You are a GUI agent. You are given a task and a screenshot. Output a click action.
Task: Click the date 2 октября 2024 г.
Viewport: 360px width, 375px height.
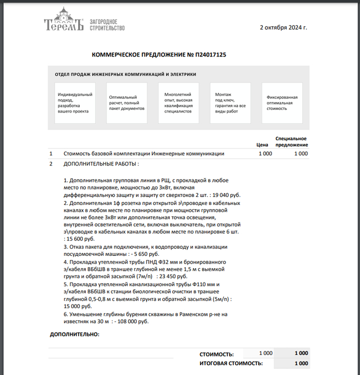(x=283, y=27)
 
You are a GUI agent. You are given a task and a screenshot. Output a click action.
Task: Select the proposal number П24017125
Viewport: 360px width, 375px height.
(x=211, y=54)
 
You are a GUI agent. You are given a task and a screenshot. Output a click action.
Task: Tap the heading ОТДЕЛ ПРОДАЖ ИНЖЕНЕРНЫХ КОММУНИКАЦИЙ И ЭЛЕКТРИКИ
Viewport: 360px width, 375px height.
(x=125, y=74)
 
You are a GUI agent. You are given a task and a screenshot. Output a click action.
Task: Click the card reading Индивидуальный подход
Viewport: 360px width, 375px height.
(x=75, y=103)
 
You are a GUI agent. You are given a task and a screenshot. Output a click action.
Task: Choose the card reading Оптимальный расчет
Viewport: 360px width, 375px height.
(x=127, y=103)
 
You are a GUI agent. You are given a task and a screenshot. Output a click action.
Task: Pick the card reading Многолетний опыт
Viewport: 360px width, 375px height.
(x=178, y=103)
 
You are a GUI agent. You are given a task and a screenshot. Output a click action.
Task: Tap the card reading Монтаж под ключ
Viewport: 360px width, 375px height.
(x=230, y=103)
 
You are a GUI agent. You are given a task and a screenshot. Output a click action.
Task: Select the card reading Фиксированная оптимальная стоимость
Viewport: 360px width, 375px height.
(x=282, y=103)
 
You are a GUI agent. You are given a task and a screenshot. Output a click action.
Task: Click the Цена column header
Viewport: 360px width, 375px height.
(x=262, y=145)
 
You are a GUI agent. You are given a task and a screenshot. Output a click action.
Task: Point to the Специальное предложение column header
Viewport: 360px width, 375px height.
(x=291, y=141)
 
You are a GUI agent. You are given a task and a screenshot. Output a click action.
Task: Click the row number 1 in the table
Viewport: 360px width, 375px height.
(x=51, y=154)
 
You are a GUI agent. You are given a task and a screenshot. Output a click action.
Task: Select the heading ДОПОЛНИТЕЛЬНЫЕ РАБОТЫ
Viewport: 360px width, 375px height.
(x=101, y=164)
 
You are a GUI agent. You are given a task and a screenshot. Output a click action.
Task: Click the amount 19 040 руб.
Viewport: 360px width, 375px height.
(x=226, y=195)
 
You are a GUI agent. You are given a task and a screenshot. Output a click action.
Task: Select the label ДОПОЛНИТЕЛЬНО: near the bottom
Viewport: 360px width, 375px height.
(x=75, y=334)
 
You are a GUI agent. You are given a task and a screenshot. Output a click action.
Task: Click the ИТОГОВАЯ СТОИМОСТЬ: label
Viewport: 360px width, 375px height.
(x=231, y=363)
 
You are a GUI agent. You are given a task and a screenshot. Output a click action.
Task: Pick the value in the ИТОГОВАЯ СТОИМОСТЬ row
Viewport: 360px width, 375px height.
(x=301, y=363)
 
